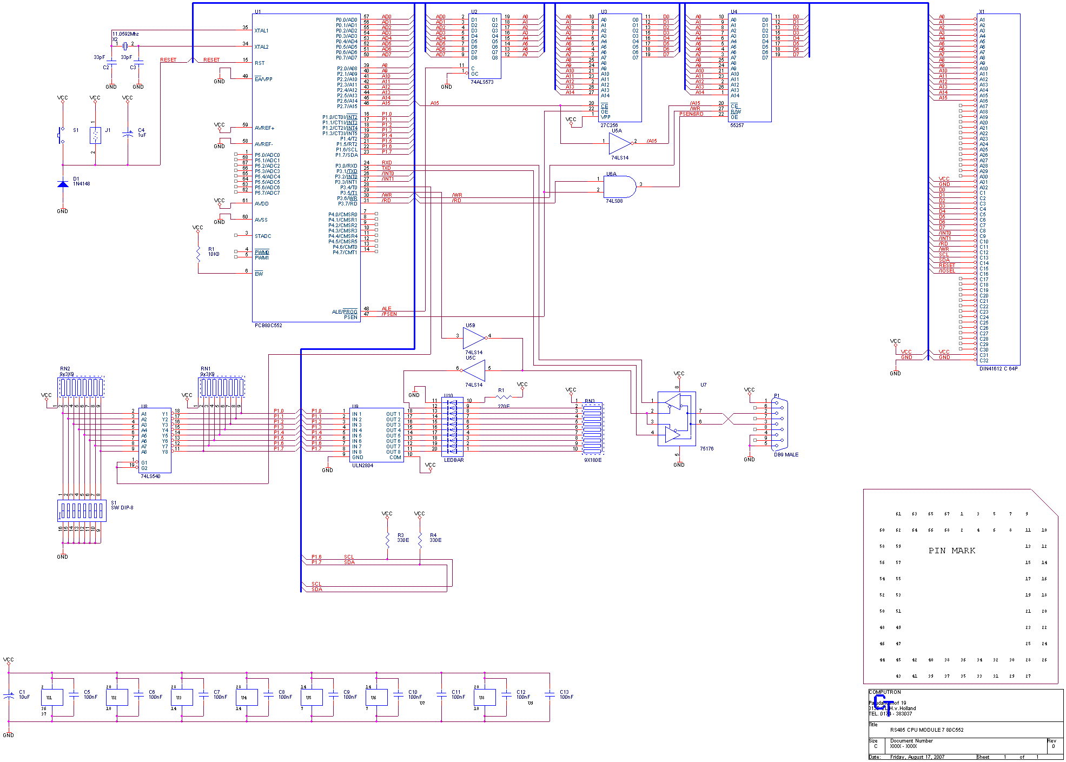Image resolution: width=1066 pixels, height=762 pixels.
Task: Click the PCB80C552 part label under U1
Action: point(268,326)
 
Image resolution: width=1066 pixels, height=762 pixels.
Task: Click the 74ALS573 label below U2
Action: point(482,82)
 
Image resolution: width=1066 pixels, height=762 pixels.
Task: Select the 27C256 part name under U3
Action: point(609,125)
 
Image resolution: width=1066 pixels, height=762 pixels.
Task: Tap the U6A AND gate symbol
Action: point(618,187)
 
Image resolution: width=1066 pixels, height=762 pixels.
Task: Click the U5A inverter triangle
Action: point(619,143)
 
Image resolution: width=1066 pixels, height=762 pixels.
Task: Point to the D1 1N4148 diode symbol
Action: point(63,184)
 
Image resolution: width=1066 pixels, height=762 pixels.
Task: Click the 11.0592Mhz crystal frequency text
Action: point(125,34)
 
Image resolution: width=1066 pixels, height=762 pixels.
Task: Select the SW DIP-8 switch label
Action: point(122,508)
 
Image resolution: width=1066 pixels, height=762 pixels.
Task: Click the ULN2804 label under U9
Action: point(362,466)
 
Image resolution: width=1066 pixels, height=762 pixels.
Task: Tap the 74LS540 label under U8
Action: point(150,476)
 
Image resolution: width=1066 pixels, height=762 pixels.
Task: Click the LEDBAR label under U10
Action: point(454,460)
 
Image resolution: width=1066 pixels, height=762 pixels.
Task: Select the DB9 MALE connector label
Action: point(786,455)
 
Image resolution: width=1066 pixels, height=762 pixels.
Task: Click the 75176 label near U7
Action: point(706,449)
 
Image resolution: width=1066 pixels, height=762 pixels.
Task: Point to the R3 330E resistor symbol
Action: point(387,539)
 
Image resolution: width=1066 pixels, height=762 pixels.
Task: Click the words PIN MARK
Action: point(952,551)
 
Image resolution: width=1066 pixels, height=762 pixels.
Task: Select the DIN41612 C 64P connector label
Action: point(998,369)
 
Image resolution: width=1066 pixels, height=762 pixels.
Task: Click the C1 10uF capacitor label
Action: point(24,694)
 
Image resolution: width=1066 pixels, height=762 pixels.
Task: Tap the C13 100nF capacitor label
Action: point(566,694)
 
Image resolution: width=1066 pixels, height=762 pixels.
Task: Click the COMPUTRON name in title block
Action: point(885,692)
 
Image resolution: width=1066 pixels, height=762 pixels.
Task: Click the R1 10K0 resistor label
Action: point(214,252)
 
